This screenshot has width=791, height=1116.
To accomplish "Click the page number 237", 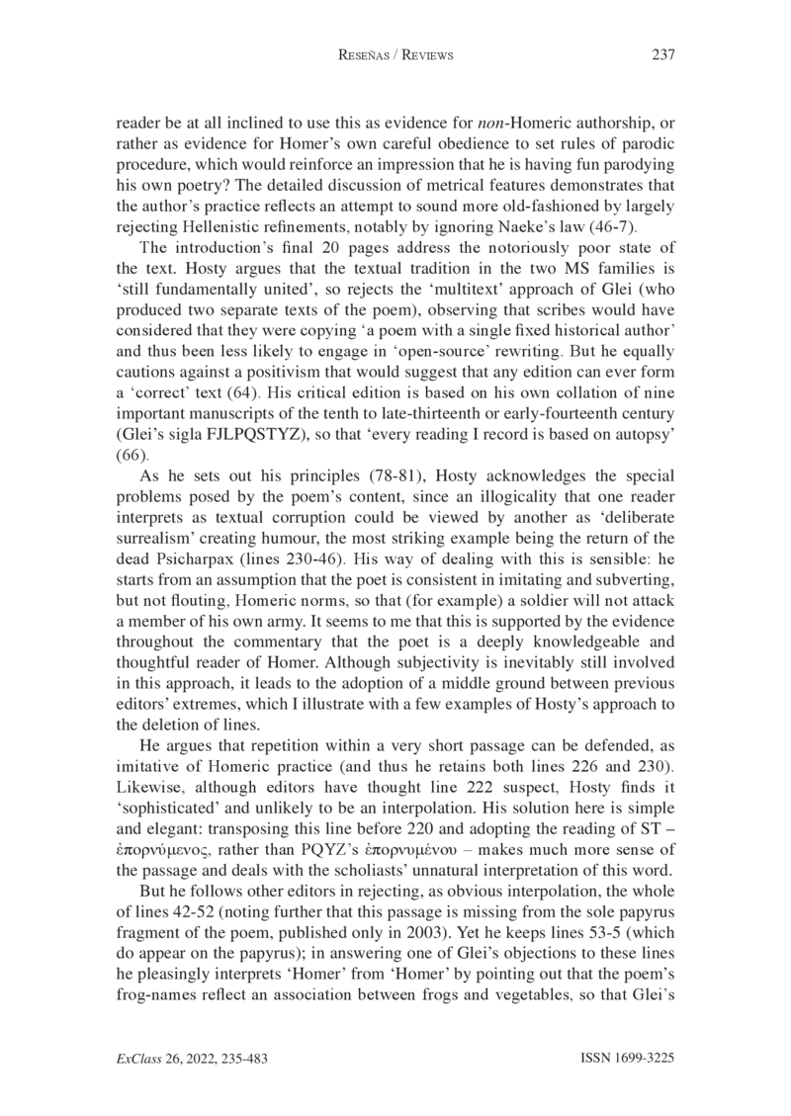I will pyautogui.click(x=662, y=55).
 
